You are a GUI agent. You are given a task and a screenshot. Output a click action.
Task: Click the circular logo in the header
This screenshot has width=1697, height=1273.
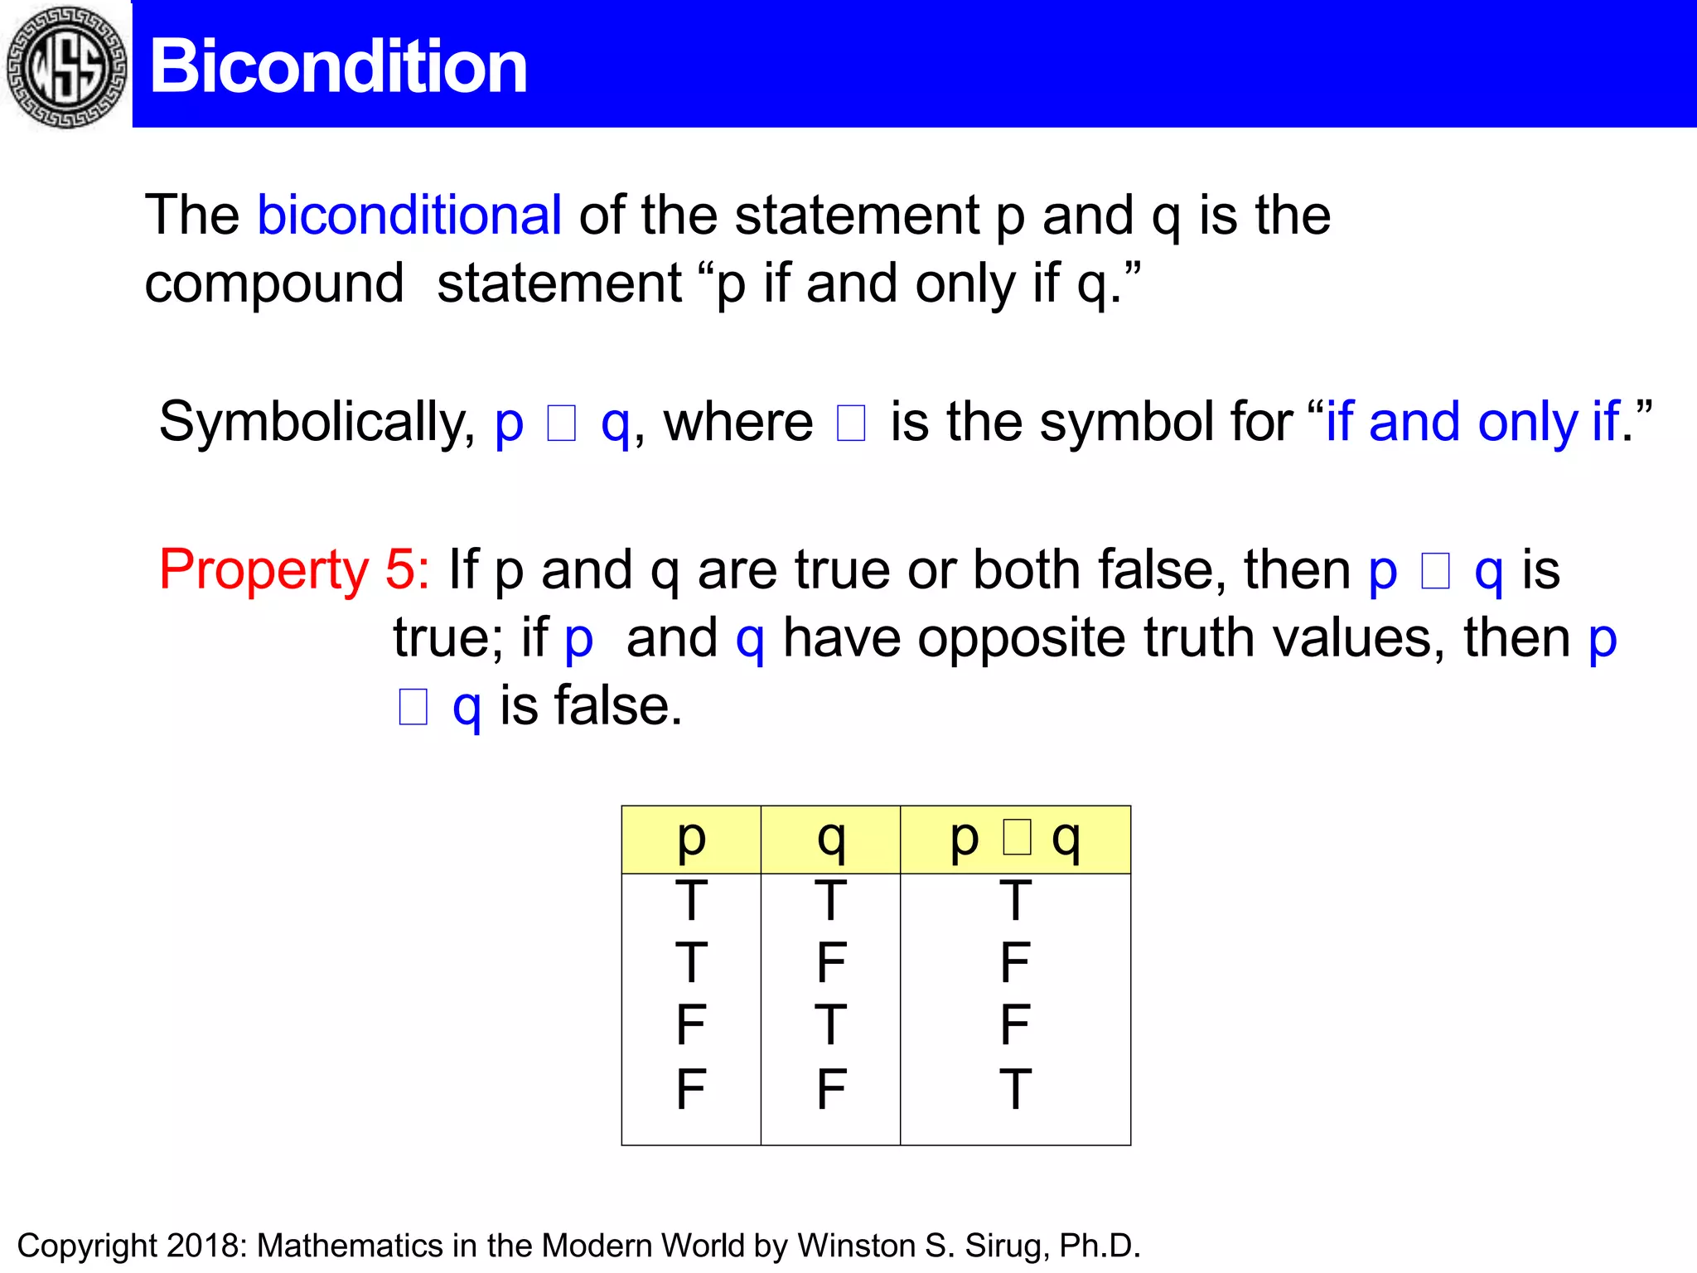tap(66, 66)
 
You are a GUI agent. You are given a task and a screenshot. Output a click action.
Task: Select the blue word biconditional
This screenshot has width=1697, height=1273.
tap(409, 215)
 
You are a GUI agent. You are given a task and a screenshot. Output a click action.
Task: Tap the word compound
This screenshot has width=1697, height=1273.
tap(274, 283)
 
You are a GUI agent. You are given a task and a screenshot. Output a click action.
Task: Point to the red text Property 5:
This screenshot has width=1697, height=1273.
tap(294, 569)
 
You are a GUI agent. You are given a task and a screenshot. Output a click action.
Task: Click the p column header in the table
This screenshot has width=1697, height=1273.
tap(691, 839)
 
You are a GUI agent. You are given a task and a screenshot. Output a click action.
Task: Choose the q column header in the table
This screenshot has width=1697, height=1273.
tap(830, 839)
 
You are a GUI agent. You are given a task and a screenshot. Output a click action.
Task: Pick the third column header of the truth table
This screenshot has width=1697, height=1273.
tap(1015, 839)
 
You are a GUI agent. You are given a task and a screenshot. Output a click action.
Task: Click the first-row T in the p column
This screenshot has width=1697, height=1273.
tap(691, 901)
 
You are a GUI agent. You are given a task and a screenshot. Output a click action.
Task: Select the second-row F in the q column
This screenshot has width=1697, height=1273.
tap(830, 963)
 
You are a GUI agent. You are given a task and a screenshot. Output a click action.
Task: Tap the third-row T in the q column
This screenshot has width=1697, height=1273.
tap(830, 1025)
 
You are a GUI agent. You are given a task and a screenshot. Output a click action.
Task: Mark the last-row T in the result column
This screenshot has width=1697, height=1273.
tap(1015, 1088)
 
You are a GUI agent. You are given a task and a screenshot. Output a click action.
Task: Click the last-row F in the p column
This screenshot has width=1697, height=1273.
tap(691, 1088)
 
